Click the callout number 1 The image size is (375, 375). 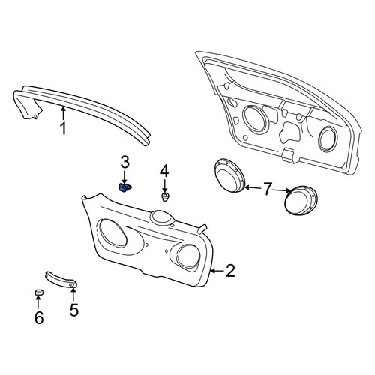click(x=63, y=128)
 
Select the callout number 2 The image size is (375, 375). click(x=230, y=271)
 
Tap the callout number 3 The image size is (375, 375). click(x=125, y=162)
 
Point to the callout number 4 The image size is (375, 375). click(x=164, y=172)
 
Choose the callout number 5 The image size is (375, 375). click(x=74, y=310)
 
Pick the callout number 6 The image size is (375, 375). click(x=39, y=318)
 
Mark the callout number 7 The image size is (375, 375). click(x=268, y=189)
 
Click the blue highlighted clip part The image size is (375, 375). click(x=124, y=187)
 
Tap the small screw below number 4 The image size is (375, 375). click(x=164, y=196)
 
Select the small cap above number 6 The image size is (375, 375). click(x=39, y=292)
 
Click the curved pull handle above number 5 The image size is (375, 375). click(x=61, y=280)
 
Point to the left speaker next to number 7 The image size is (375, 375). click(x=229, y=175)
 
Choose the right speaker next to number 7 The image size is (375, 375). click(x=301, y=201)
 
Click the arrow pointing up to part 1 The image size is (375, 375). click(x=63, y=113)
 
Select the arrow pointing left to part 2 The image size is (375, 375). click(x=217, y=271)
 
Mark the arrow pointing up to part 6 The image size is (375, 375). click(x=38, y=302)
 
